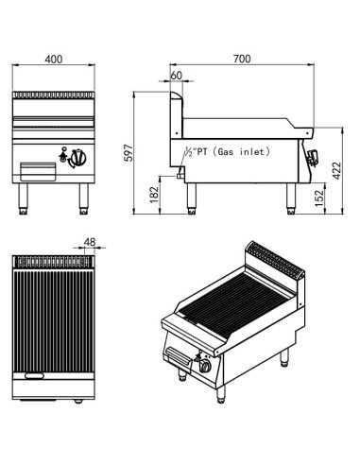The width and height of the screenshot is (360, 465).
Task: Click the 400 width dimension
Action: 54,59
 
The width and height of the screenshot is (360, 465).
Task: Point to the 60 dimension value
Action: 177,75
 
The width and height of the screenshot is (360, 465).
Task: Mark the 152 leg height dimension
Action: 320,197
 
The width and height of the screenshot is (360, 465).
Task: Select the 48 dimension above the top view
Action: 91,241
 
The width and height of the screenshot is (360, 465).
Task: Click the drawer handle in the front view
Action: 37,172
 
